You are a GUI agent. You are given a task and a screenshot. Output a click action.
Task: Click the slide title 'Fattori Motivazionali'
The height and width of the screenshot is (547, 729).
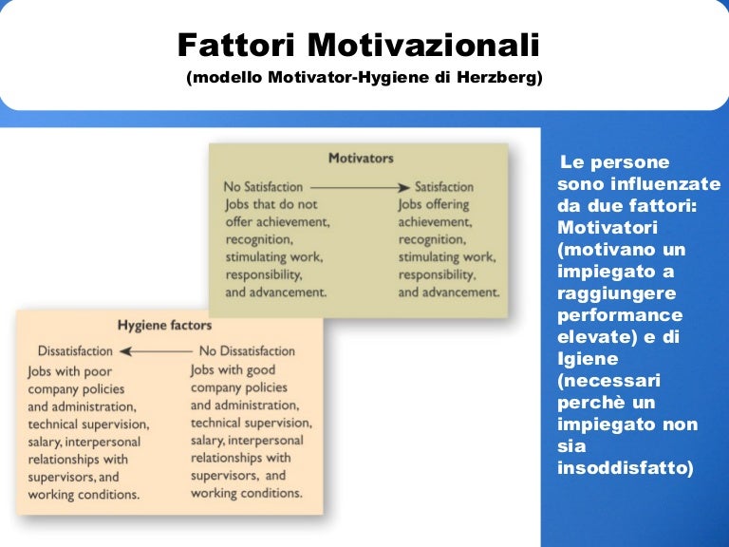pyautogui.click(x=358, y=46)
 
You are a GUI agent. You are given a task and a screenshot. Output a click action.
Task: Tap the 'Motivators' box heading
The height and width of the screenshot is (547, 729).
pyautogui.click(x=361, y=158)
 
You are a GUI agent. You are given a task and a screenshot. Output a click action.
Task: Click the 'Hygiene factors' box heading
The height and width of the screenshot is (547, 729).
pyautogui.click(x=164, y=326)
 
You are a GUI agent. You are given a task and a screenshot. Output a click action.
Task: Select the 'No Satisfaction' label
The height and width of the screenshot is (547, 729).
pyautogui.click(x=263, y=187)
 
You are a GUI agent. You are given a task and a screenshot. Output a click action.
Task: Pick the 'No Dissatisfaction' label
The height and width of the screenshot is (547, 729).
pyautogui.click(x=247, y=350)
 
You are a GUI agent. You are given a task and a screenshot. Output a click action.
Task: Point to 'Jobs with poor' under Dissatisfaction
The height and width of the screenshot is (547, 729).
pyautogui.click(x=72, y=371)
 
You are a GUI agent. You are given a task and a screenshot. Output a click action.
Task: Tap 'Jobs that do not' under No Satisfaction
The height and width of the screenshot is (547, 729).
pyautogui.click(x=271, y=204)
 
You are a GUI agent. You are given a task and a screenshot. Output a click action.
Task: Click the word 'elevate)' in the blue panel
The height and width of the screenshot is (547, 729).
pyautogui.click(x=590, y=337)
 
